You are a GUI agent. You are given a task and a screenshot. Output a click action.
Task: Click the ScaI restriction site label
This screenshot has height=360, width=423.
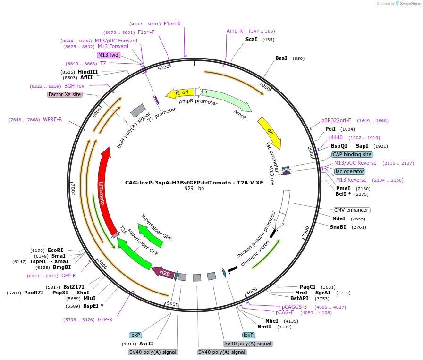[251, 39]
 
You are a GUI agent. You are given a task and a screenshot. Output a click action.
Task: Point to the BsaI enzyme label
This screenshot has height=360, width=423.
[281, 58]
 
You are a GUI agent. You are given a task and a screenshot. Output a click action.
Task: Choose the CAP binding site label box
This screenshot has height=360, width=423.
[352, 154]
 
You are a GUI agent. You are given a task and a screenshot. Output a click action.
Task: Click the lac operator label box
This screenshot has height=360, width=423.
[349, 171]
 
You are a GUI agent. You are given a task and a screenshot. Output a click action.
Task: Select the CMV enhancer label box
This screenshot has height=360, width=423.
[351, 210]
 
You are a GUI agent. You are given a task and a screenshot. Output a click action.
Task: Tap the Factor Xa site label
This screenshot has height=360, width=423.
[65, 94]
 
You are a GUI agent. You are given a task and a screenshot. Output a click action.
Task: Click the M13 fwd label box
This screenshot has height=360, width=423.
[109, 55]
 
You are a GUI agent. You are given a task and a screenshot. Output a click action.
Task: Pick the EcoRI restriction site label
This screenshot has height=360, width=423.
[55, 250]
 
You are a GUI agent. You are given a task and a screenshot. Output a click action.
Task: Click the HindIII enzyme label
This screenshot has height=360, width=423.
[88, 72]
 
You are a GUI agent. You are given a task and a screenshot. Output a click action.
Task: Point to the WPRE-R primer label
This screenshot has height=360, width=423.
[52, 119]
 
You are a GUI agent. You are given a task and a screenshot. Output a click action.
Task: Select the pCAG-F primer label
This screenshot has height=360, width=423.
[285, 312]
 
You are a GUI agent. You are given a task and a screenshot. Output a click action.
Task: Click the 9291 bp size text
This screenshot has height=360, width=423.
[194, 189]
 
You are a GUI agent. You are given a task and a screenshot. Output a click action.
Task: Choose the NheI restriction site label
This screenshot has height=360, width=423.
[272, 321]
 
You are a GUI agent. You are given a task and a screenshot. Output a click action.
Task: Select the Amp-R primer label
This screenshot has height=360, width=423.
[235, 31]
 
